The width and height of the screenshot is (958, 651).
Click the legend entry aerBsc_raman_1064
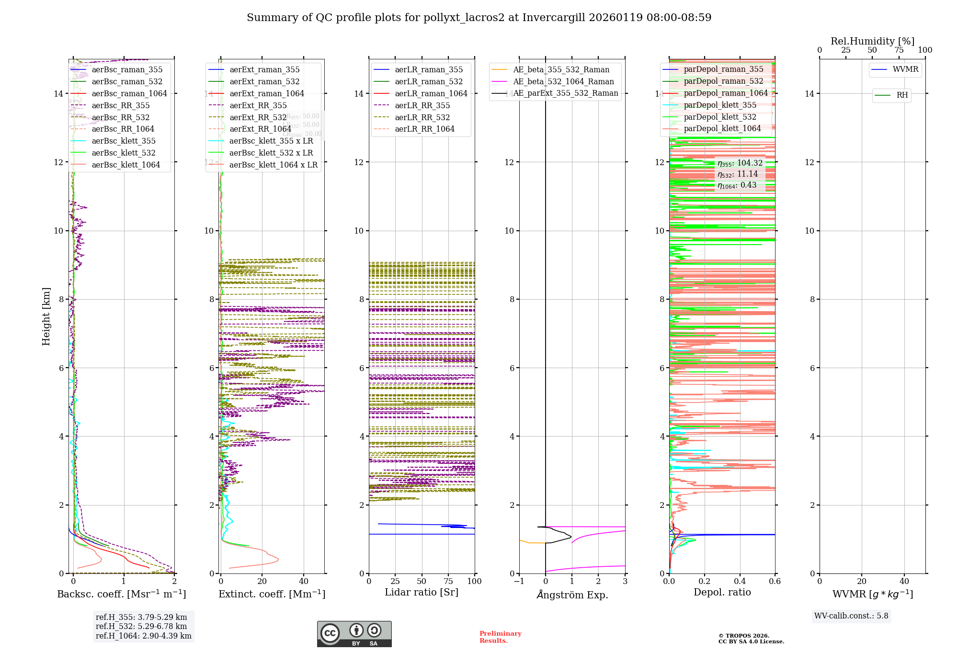(129, 93)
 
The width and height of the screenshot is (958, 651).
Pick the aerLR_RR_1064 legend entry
(424, 129)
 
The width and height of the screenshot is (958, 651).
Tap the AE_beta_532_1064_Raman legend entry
(563, 81)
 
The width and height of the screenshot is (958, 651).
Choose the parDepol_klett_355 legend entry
(720, 105)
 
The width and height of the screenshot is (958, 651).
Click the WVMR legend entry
(905, 69)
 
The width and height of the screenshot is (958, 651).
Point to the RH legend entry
(902, 95)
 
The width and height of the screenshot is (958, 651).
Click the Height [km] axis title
(46, 316)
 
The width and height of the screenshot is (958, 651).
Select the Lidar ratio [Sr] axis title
(422, 592)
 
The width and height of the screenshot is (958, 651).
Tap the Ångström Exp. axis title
(572, 595)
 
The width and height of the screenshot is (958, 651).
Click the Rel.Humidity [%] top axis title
(872, 41)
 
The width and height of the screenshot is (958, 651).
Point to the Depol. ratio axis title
(722, 592)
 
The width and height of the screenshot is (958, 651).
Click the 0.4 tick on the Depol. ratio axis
(740, 581)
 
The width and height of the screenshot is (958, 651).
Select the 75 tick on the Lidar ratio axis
(448, 581)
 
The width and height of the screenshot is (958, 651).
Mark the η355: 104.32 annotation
(740, 163)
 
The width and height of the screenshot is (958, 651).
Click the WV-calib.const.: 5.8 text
(851, 616)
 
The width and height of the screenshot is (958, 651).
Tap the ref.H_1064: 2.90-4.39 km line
(143, 636)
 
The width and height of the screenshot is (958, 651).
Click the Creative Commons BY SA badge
(354, 634)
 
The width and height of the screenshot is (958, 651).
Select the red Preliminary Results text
(500, 637)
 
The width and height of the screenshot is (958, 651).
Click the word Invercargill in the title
(554, 18)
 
